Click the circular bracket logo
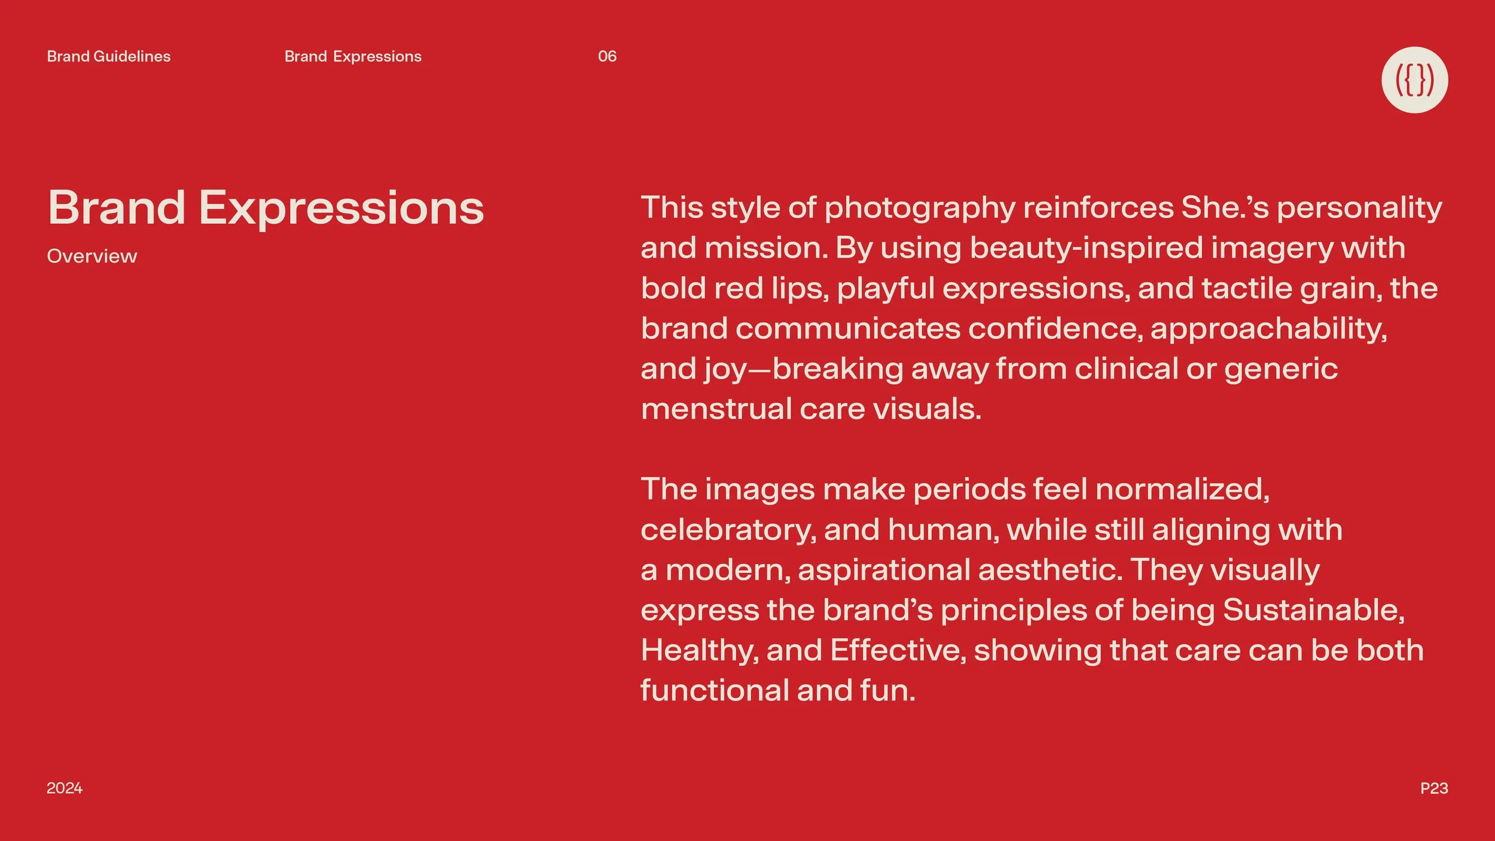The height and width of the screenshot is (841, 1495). pyautogui.click(x=1414, y=80)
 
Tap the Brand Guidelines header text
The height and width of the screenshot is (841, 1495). pyautogui.click(x=108, y=56)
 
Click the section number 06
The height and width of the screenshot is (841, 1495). pyautogui.click(x=607, y=56)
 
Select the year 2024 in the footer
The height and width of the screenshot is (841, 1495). pyautogui.click(x=65, y=788)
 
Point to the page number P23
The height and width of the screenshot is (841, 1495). pyautogui.click(x=1433, y=788)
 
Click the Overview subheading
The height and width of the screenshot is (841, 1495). pyautogui.click(x=92, y=256)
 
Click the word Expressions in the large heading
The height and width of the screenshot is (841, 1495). pyautogui.click(x=341, y=208)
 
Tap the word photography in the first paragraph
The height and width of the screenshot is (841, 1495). pyautogui.click(x=920, y=208)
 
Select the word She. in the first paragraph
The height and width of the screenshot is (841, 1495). pyautogui.click(x=1213, y=208)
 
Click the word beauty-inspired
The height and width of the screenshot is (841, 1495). pyautogui.click(x=1086, y=248)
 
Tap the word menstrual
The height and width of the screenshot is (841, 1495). pyautogui.click(x=716, y=409)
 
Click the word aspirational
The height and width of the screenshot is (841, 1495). pyautogui.click(x=883, y=569)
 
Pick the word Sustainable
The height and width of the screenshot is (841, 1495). pyautogui.click(x=1313, y=610)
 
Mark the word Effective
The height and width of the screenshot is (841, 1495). pyautogui.click(x=898, y=650)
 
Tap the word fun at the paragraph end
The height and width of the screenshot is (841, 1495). pyautogui.click(x=887, y=690)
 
